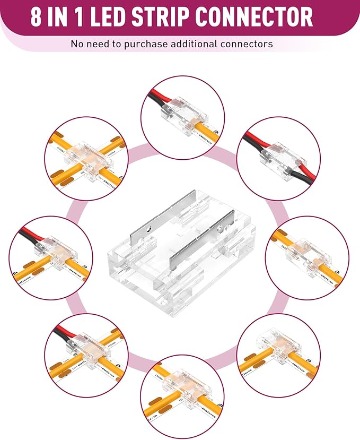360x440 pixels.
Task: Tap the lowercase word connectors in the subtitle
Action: (249, 44)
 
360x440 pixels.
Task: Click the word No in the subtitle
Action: (78, 44)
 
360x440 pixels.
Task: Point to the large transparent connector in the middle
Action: (180, 255)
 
